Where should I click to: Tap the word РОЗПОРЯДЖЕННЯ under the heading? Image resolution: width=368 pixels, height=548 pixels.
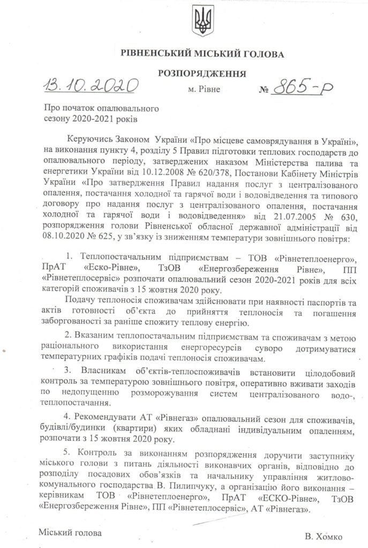point(202,73)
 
